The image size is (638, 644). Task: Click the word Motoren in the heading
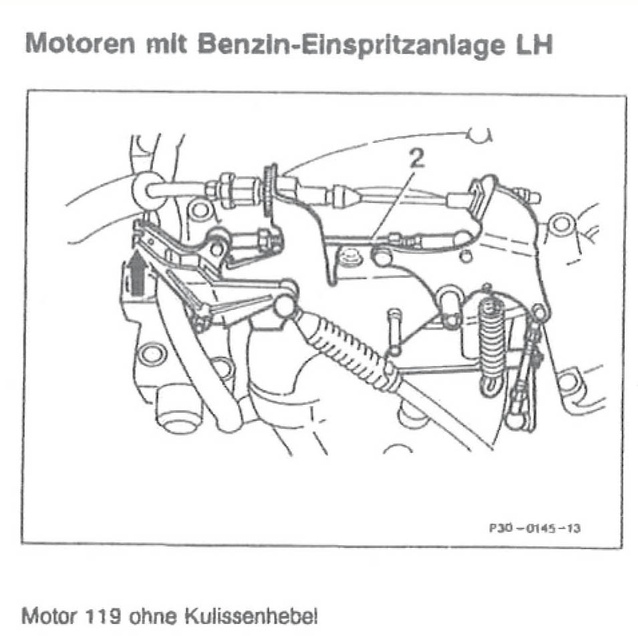(80, 43)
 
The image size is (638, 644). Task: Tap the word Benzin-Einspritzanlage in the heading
(351, 45)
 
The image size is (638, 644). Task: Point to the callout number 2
(417, 158)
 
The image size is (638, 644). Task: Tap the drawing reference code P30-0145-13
(534, 527)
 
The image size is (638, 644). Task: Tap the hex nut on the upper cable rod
(226, 190)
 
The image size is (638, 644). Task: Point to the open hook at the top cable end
(480, 135)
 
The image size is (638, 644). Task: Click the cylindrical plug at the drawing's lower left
(180, 407)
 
